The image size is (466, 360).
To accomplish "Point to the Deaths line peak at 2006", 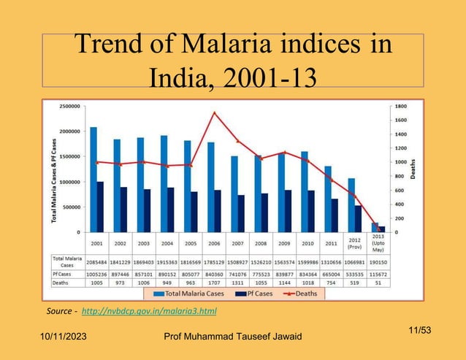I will coord(213,112).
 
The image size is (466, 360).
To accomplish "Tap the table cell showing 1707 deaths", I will coord(213,281).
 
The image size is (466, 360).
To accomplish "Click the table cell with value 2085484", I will coord(96,259).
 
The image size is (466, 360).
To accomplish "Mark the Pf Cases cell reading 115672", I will coord(378,272).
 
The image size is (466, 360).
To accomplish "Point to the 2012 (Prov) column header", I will coord(354,243).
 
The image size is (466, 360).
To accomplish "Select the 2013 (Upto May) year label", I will coord(378,243).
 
